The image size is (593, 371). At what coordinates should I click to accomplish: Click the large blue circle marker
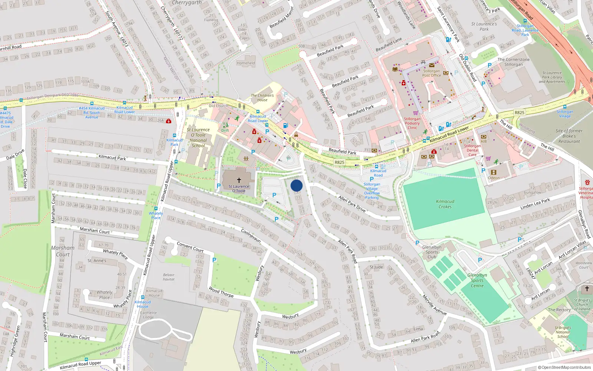[x=296, y=185]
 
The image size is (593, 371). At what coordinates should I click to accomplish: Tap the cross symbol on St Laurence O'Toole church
[x=239, y=180]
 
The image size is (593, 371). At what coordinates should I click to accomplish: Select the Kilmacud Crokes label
[x=445, y=204]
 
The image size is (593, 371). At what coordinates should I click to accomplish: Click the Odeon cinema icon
[x=493, y=172]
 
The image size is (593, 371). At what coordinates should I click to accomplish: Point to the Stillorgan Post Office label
[x=431, y=73]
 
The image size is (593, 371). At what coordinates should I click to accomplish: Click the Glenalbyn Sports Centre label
[x=477, y=280]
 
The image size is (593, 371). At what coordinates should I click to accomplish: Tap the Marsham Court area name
[x=63, y=251]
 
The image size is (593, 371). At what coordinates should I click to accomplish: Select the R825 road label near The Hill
[x=519, y=112]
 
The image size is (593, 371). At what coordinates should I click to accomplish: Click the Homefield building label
[x=246, y=63]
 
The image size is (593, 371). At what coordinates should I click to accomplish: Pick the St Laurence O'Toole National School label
[x=198, y=138]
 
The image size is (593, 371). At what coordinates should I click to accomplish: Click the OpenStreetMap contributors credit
[x=564, y=367]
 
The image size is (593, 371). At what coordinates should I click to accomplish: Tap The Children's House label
[x=262, y=98]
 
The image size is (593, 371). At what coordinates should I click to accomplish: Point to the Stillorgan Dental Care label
[x=472, y=150]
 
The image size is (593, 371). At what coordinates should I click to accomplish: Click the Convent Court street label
[x=190, y=247]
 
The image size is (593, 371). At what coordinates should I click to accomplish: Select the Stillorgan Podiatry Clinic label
[x=412, y=123]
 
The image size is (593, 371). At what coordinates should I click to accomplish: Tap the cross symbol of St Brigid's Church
[x=587, y=289]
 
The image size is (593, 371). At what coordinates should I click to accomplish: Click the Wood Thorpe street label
[x=221, y=292]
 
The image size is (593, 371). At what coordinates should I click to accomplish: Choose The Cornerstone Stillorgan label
[x=513, y=62]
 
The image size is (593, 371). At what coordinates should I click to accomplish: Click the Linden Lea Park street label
[x=535, y=204]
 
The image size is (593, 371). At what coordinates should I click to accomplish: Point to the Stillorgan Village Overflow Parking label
[x=372, y=191]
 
